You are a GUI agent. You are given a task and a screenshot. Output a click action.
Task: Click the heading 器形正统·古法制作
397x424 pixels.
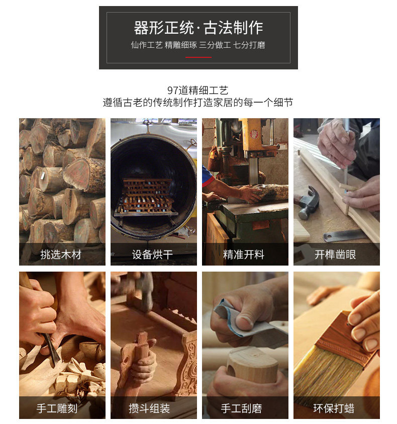coord(198,27)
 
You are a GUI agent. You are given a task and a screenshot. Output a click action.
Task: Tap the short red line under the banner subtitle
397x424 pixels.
coord(198,57)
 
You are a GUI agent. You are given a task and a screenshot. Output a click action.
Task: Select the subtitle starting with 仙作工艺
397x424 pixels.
coord(198,45)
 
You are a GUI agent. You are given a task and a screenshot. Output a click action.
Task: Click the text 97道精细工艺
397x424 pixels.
coord(198,91)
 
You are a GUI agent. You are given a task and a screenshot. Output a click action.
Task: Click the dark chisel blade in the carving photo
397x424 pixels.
coord(51,347)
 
